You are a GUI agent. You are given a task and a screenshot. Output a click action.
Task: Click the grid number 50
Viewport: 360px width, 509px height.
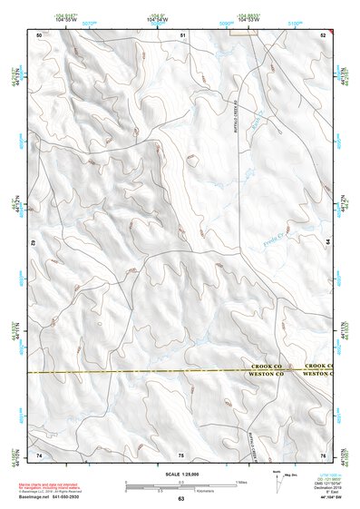click(x=39, y=34)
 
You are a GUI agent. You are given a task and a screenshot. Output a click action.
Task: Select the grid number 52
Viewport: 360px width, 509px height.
click(x=323, y=34)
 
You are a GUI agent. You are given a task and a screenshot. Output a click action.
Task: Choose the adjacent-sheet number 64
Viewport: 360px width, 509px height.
click(x=327, y=243)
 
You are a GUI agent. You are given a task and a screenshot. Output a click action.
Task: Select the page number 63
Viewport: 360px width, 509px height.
click(x=180, y=499)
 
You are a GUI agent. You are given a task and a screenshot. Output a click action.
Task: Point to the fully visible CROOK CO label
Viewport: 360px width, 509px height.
click(x=269, y=366)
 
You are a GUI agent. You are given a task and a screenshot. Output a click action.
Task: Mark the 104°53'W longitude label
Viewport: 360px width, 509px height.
click(x=254, y=19)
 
